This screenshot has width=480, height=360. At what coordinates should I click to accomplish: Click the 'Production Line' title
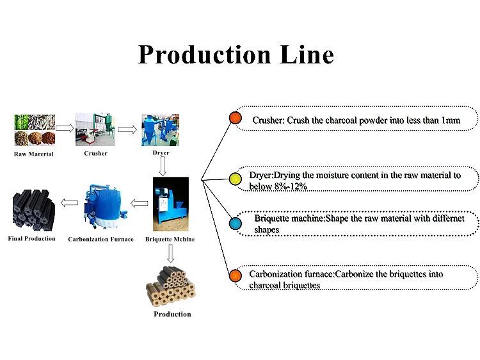coord(236,54)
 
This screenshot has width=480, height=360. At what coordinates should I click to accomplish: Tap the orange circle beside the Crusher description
coord(235,118)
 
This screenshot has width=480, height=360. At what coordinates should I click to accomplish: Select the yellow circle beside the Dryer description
coord(235,179)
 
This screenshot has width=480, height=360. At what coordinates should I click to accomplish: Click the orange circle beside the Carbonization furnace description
coord(235,276)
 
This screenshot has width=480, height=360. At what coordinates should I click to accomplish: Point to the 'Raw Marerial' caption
coord(34,154)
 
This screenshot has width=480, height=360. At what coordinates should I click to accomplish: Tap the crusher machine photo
coord(95,129)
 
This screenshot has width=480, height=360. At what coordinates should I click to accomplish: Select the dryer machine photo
coord(160,129)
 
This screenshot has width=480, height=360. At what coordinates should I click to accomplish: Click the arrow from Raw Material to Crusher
coord(65,128)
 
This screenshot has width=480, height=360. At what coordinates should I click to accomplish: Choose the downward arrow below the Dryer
coord(163,166)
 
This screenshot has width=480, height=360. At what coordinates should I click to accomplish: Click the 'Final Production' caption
coord(32,239)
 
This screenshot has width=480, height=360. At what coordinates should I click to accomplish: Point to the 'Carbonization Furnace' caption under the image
coord(100,240)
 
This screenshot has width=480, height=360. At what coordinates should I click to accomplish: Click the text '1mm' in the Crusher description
coord(451,120)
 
